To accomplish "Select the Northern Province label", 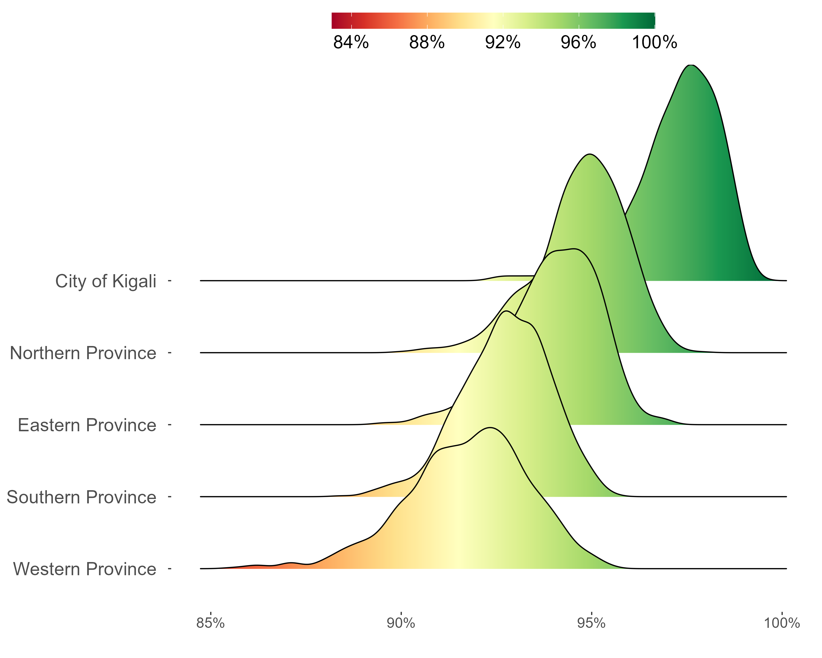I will pos(83,353).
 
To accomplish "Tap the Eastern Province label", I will pos(87,425).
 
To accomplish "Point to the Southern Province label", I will pos(81,497).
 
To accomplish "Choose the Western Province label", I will pos(85,569).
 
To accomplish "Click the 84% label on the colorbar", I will pos(351,42).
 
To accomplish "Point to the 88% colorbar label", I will pos(427,42).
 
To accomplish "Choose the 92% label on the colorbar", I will pos(503,42).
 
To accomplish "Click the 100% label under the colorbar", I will pos(654,42).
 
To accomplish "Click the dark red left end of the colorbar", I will pos(334,21).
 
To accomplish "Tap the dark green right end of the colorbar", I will pos(652,21).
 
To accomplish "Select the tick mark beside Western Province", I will pos(170,569).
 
